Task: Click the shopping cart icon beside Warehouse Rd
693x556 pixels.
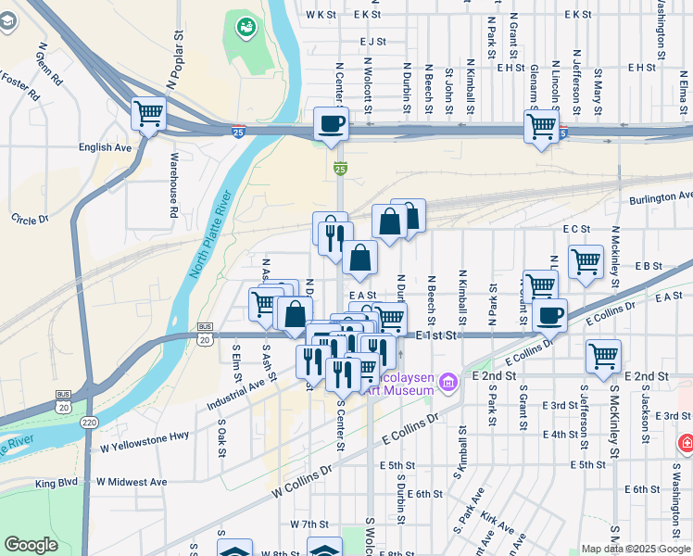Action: pyautogui.click(x=148, y=114)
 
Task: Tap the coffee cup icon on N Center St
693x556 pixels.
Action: pyautogui.click(x=331, y=123)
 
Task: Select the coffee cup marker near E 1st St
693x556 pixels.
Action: pyautogui.click(x=550, y=316)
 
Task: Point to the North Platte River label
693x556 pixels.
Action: pyautogui.click(x=208, y=235)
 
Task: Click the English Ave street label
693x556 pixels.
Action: pyautogui.click(x=105, y=147)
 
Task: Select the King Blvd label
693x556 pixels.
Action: pyautogui.click(x=57, y=483)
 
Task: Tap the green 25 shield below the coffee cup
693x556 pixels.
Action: pyautogui.click(x=340, y=168)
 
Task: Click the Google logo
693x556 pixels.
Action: pyautogui.click(x=31, y=545)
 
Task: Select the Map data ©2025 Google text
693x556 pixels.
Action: pyautogui.click(x=636, y=549)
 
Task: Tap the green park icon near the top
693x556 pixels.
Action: pyautogui.click(x=246, y=28)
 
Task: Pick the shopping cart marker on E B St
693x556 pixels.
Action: pyautogui.click(x=586, y=262)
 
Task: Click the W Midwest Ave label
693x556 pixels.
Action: pyautogui.click(x=127, y=482)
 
